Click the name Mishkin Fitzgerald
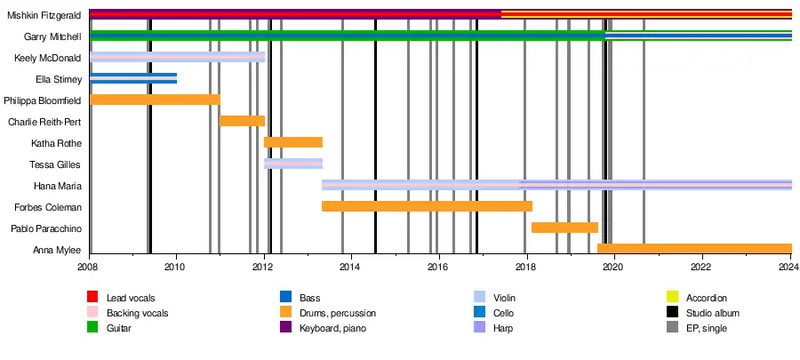coord(45,14)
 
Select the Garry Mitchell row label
coord(53,36)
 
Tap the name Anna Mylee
coord(57,250)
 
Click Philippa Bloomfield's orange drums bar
coord(155,100)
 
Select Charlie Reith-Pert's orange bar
coord(242,121)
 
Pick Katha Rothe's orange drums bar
coord(293,142)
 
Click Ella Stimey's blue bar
coord(133,78)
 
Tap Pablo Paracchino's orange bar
coord(564,228)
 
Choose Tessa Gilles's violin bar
coord(293,164)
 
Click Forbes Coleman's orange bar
coord(427,206)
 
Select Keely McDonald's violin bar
coord(178,57)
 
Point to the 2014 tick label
coord(351,267)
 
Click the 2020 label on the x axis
coord(613,267)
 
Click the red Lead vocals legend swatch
coord(92,297)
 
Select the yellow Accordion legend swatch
coord(673,297)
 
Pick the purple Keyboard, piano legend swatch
coord(286,329)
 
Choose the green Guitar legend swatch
coord(92,329)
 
